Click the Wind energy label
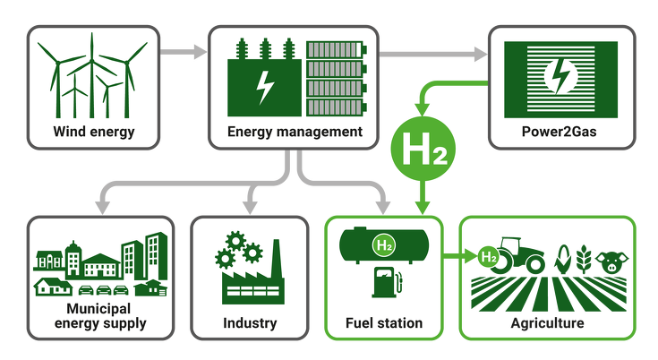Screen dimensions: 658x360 click(x=94, y=133)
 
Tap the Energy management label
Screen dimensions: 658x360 click(x=295, y=133)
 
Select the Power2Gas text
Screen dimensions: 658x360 click(x=559, y=132)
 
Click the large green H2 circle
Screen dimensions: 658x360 click(x=423, y=149)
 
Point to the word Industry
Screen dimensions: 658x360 click(x=250, y=323)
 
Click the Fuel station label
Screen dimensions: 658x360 click(x=384, y=323)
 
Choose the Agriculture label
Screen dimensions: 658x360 click(x=547, y=323)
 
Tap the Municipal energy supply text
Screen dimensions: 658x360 click(x=100, y=316)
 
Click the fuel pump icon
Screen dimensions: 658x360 click(x=387, y=282)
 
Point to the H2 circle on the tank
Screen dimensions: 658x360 click(x=384, y=245)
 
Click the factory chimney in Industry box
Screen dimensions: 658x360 click(x=276, y=260)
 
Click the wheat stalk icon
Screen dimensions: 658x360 click(x=584, y=260)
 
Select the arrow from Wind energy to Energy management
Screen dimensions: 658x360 click(x=184, y=52)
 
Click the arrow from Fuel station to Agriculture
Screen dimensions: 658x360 click(x=460, y=255)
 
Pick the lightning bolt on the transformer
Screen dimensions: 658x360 click(x=265, y=87)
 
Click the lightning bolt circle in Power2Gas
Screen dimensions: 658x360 click(x=560, y=75)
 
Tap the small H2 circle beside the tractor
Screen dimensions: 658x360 click(x=489, y=256)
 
